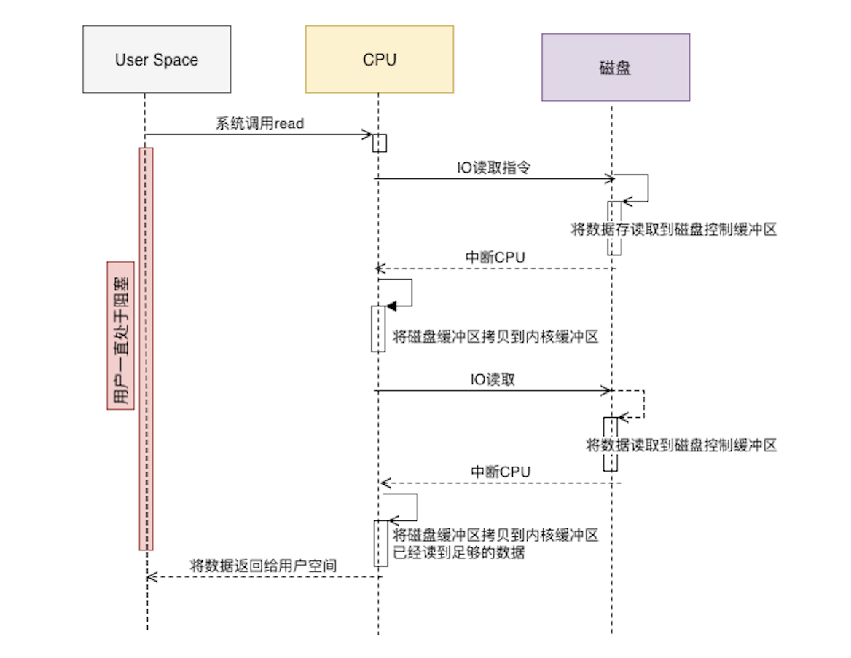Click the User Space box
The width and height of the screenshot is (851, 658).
(x=157, y=60)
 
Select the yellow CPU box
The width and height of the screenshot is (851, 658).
(x=379, y=60)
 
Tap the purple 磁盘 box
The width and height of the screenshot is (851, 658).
(x=615, y=68)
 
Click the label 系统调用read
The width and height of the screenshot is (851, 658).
(x=259, y=124)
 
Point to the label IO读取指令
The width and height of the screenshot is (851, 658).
(x=494, y=167)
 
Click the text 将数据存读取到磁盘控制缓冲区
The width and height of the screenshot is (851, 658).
(x=674, y=230)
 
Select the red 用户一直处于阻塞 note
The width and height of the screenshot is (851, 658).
(x=120, y=335)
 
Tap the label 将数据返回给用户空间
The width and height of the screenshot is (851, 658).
(x=263, y=566)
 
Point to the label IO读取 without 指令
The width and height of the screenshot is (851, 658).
(x=493, y=380)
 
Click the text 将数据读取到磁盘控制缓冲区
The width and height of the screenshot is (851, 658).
(x=682, y=445)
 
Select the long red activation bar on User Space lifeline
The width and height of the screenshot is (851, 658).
(x=146, y=349)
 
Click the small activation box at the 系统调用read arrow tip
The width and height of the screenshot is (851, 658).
(x=379, y=143)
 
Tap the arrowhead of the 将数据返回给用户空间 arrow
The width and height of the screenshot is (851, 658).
(x=151, y=577)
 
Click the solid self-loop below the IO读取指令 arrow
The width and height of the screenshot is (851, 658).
(x=646, y=188)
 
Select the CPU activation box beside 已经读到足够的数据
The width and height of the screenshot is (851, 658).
(x=380, y=543)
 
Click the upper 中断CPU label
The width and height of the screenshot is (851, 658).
(x=495, y=258)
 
